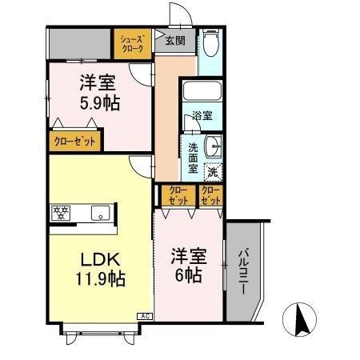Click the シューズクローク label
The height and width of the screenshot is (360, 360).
tap(133, 43)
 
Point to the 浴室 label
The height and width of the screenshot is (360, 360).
tap(202, 116)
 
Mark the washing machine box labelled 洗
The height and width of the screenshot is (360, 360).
tap(212, 170)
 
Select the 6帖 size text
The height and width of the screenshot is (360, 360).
tap(189, 274)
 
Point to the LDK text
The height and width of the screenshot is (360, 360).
tap(101, 259)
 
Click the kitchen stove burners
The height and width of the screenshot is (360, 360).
tap(61, 213)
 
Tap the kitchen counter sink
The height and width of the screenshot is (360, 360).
tap(100, 213)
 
